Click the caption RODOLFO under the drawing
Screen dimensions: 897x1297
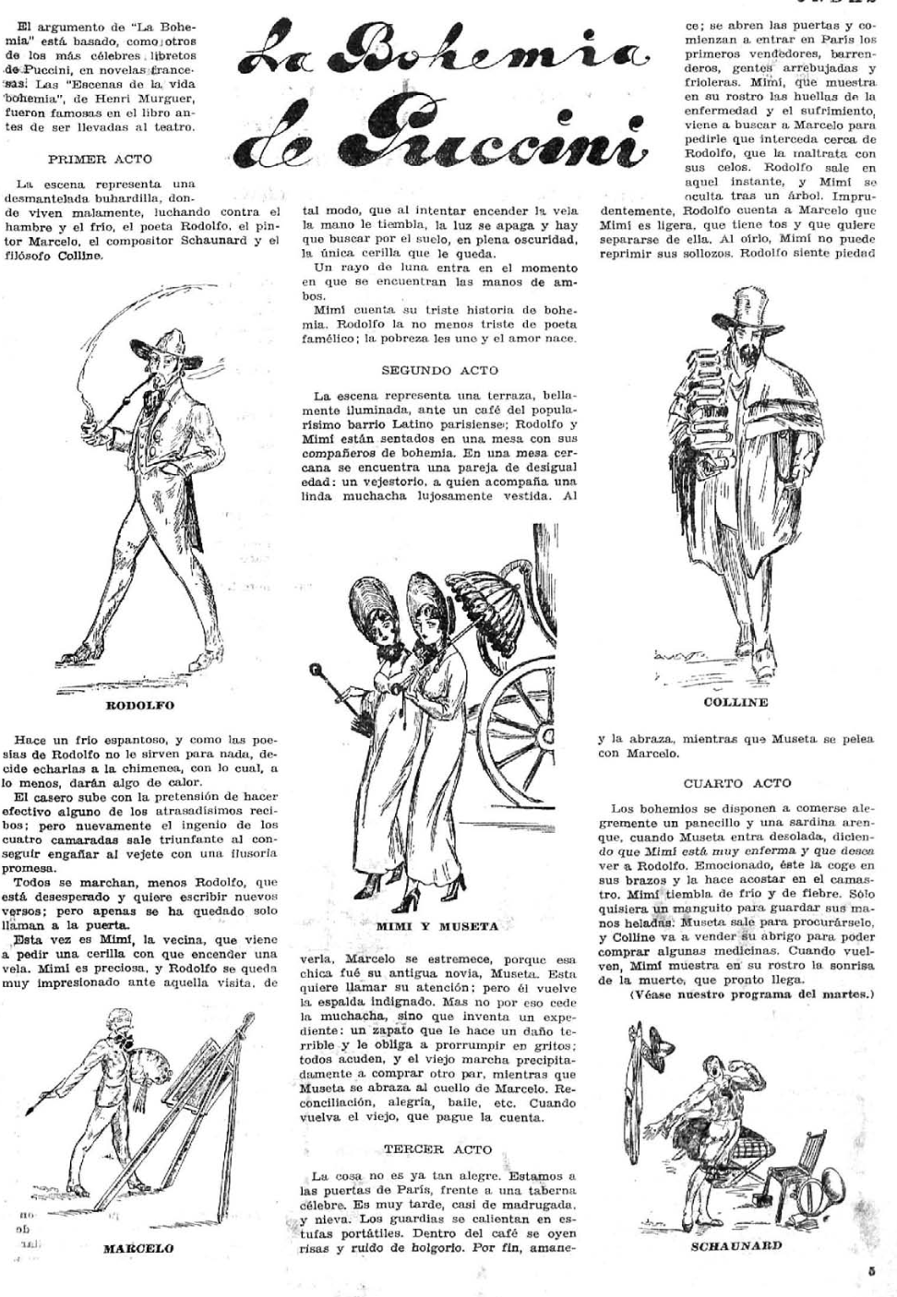(140, 706)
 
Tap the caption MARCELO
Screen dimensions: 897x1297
(138, 1248)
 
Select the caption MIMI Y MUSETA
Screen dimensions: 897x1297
(437, 925)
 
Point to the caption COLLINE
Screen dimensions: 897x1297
(736, 702)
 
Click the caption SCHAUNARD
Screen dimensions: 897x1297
(736, 1244)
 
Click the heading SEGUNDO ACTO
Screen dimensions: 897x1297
(439, 370)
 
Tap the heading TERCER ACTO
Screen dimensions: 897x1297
(438, 1149)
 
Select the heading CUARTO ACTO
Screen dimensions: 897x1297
(737, 783)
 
